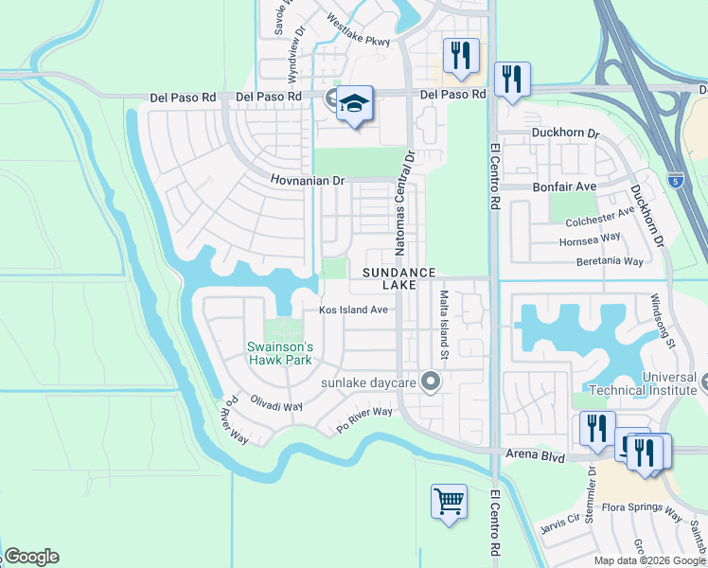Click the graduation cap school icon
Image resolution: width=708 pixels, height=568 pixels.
(354, 104)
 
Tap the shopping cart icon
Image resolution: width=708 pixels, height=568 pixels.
(449, 502)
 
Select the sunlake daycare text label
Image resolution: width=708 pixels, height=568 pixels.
(368, 382)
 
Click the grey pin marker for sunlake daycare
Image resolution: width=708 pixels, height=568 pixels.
(432, 382)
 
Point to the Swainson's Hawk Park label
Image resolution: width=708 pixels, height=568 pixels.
(280, 352)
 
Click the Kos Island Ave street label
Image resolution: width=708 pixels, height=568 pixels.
(353, 310)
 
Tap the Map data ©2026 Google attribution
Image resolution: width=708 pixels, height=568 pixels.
(649, 559)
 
